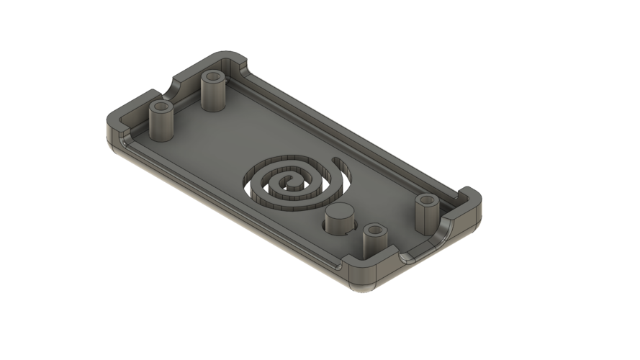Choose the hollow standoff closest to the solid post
(374, 241)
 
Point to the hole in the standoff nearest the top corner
(212, 76)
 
